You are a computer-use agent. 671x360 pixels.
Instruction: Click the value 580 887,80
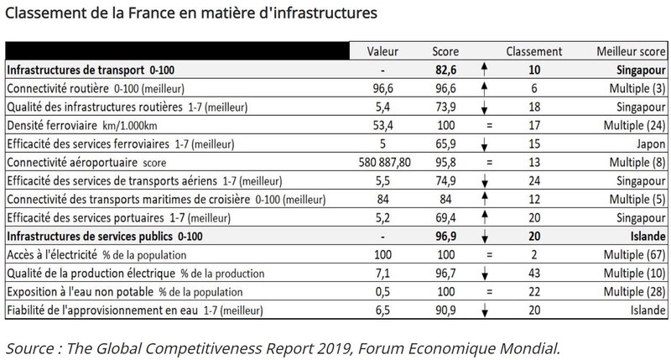click(x=383, y=159)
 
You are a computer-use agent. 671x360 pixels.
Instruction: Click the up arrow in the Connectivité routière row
click(x=486, y=87)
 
